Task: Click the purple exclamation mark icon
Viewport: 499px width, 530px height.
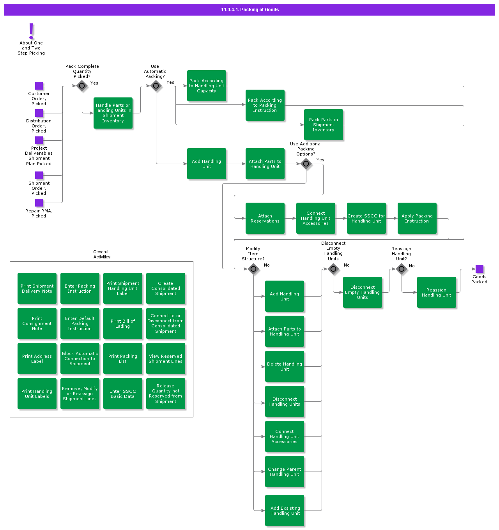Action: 31,31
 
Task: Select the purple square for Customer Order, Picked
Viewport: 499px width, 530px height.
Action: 39,86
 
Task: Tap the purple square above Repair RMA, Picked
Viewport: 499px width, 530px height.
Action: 39,203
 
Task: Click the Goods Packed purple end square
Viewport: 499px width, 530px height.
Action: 480,269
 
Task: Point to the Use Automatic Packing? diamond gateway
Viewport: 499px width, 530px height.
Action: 156,86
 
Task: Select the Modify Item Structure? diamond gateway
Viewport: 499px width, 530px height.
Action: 253,269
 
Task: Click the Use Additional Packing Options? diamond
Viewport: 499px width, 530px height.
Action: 306,164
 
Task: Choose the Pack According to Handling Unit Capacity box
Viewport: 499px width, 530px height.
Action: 207,86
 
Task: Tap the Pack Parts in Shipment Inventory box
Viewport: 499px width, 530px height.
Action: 324,125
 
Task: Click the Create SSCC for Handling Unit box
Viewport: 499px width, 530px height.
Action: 366,218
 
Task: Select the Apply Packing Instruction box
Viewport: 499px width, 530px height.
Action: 417,218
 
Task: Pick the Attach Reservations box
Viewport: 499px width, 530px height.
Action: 265,218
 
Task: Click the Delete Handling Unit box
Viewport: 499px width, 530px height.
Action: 285,366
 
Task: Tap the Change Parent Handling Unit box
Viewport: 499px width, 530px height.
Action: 285,472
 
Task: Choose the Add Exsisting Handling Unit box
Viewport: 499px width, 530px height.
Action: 285,511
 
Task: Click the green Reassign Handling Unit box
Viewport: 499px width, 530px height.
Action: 437,292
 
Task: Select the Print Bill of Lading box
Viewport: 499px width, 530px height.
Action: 123,323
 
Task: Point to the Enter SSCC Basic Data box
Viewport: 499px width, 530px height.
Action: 123,394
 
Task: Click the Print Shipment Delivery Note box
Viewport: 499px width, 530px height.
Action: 37,288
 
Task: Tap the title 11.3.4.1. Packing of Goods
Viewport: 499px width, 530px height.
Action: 249,10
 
